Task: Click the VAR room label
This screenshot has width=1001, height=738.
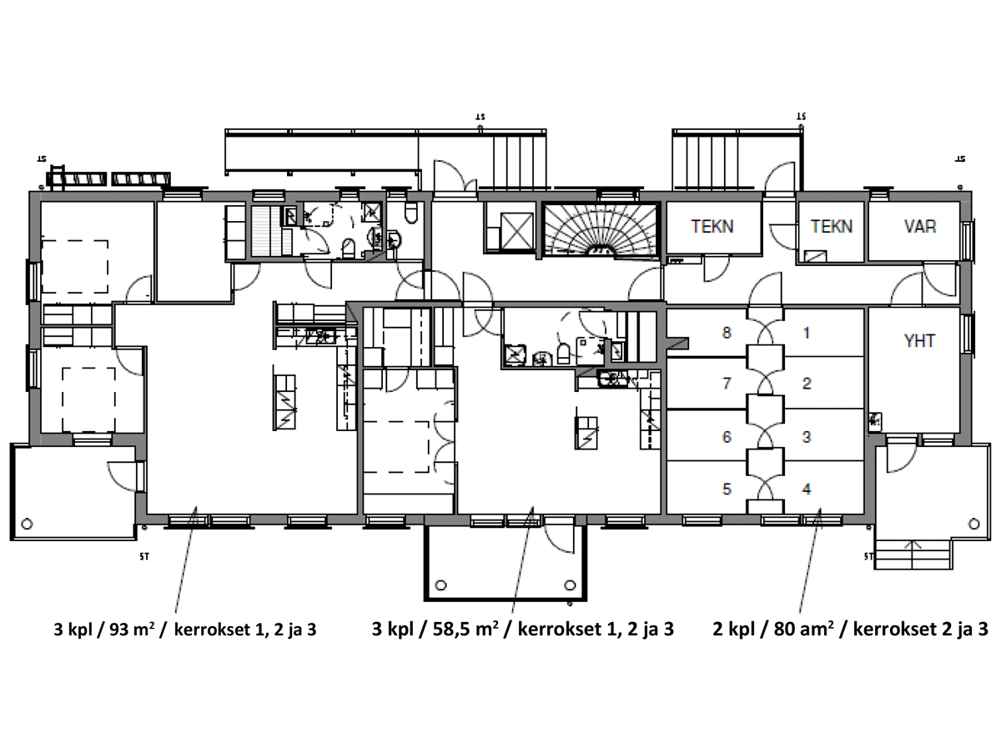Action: tap(919, 227)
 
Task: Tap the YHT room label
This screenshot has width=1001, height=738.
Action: tap(919, 341)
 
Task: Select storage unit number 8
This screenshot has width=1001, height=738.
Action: tap(727, 333)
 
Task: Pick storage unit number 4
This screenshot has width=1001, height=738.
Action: tap(807, 489)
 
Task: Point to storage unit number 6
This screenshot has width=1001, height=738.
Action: tap(727, 437)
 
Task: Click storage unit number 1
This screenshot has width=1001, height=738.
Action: tap(807, 333)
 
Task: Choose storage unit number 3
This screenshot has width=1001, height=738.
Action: tap(807, 437)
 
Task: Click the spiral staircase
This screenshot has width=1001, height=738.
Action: tap(601, 230)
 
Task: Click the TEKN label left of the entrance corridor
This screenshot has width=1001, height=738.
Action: tap(712, 227)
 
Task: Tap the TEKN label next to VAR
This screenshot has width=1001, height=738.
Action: tap(832, 227)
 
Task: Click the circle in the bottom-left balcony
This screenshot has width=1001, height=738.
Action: tap(27, 524)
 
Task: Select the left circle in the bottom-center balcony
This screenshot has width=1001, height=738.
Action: tap(440, 585)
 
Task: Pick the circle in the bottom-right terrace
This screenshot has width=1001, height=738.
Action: tap(974, 524)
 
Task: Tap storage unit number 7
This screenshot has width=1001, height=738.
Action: tap(727, 384)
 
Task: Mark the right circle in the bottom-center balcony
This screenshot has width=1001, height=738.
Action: tap(570, 585)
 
